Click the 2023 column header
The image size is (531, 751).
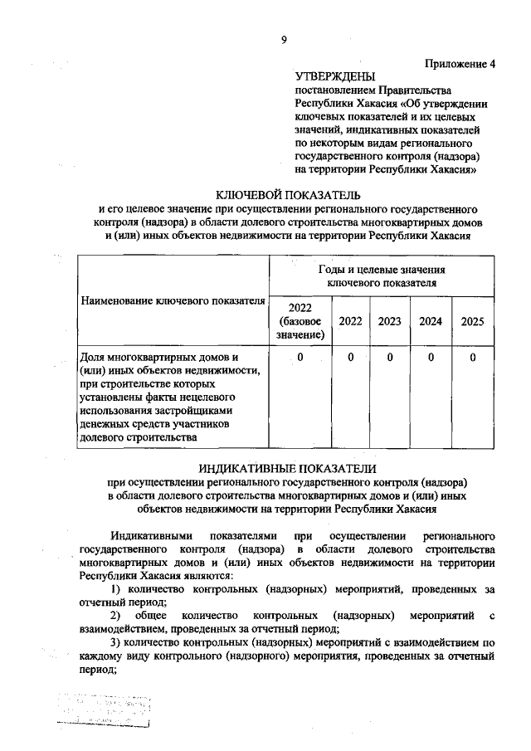(389, 321)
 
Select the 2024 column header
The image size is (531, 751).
(431, 321)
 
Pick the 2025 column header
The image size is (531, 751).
(472, 321)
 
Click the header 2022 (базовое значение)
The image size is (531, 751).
(300, 321)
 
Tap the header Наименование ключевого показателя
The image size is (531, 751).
(173, 300)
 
